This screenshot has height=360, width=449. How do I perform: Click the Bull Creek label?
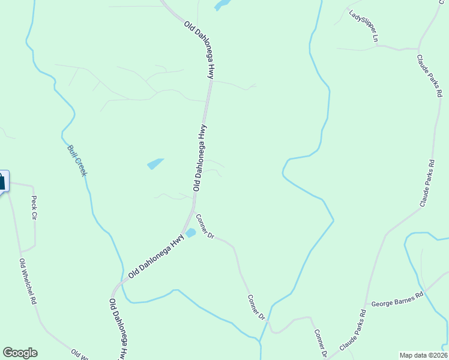click(77, 160)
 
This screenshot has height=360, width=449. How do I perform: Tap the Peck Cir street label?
click(34, 207)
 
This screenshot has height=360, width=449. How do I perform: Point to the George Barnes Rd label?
click(397, 300)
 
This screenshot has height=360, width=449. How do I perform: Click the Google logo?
click(20, 353)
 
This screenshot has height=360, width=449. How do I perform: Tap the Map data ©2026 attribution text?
click(423, 355)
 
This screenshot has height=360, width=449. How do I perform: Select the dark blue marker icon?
click(2, 181)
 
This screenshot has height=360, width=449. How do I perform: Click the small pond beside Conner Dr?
click(191, 233)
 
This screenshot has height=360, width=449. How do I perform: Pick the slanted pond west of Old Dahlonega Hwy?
click(155, 163)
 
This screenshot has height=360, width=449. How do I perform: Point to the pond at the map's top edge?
click(221, 5)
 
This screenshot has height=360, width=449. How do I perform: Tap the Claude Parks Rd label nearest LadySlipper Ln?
click(431, 76)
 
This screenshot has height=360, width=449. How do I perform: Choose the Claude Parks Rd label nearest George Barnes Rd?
click(353, 331)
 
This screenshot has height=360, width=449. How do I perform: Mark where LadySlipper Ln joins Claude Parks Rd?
click(418, 48)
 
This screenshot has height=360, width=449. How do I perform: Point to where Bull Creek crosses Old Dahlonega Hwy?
click(122, 288)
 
